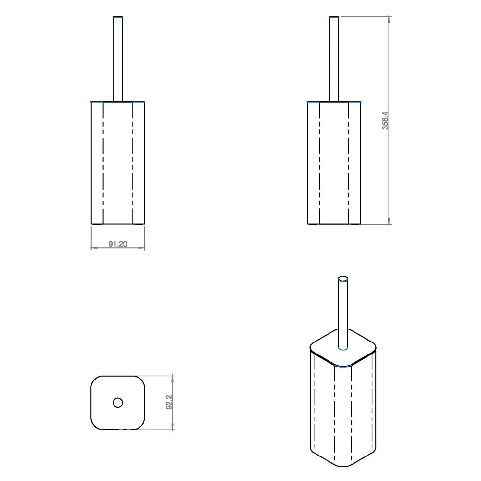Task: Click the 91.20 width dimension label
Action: (x=117, y=244)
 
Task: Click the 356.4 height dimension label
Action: (x=385, y=120)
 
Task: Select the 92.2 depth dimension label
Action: (x=169, y=403)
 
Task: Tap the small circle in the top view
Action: (x=118, y=403)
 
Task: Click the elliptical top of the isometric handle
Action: (x=343, y=278)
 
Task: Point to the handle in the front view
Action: (x=118, y=59)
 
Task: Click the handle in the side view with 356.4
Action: (x=334, y=59)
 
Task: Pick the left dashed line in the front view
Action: (x=103, y=163)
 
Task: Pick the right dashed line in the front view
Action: (x=133, y=163)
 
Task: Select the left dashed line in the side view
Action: (x=319, y=163)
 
